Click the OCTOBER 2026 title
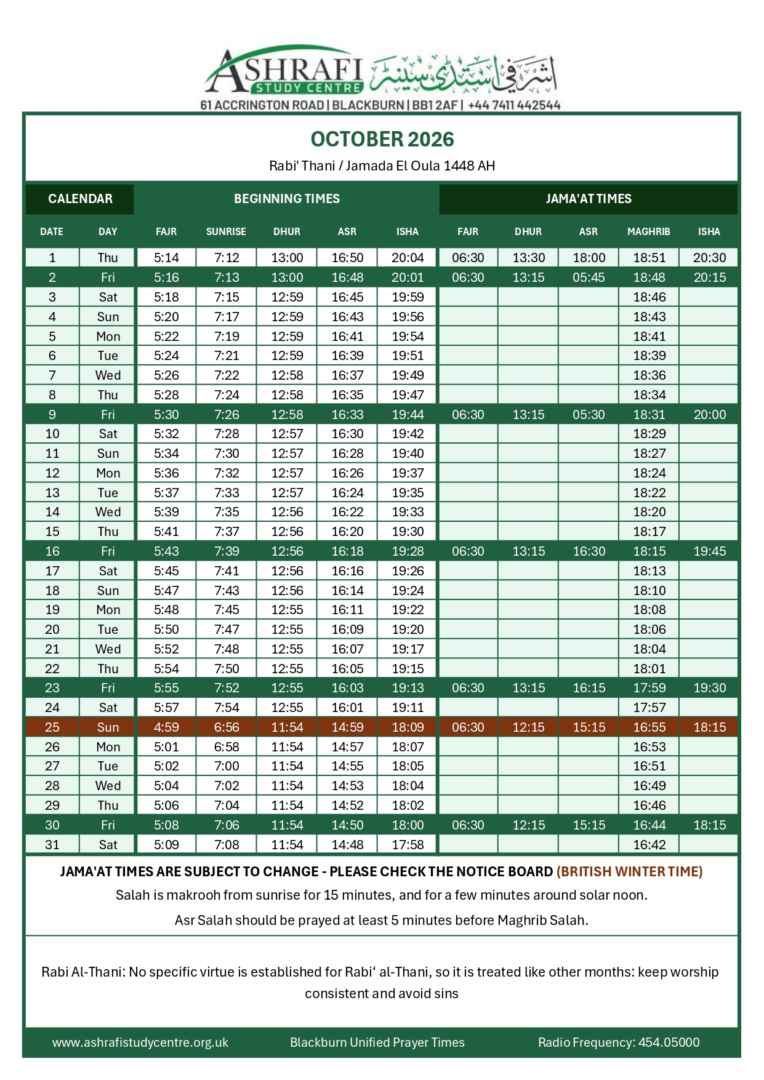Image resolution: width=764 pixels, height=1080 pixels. click(382, 140)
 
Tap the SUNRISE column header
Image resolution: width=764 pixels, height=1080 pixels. click(226, 232)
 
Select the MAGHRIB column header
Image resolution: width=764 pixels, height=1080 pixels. click(648, 232)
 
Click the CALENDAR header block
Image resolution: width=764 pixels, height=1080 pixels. click(80, 199)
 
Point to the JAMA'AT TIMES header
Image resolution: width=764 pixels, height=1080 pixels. click(588, 199)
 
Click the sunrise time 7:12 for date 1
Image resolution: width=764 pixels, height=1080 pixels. click(227, 258)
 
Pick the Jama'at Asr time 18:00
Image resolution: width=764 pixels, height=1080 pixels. click(589, 258)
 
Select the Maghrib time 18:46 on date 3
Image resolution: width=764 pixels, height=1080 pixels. click(649, 297)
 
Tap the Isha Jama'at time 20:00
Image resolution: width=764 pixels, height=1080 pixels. click(709, 415)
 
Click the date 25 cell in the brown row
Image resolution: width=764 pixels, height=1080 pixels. click(52, 727)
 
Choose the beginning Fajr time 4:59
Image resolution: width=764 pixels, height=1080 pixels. click(166, 727)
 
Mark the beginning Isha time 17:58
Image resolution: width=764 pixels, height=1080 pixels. click(408, 845)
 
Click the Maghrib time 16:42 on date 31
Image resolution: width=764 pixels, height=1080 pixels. click(649, 845)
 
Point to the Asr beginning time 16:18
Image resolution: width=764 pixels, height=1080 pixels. click(347, 551)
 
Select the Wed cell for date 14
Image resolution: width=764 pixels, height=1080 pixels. click(108, 512)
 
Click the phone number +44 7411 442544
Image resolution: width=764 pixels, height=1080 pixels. click(514, 105)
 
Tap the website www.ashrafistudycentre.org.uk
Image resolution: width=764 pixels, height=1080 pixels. click(140, 1042)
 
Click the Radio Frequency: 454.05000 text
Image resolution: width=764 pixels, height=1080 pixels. click(618, 1042)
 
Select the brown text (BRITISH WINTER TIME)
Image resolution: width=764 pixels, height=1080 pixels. click(629, 872)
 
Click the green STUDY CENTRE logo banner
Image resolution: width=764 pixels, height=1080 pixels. click(309, 88)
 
